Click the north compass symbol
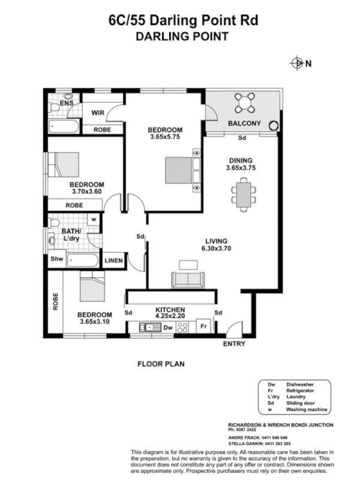297,62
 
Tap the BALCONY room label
244,124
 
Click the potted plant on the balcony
274,125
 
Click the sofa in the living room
188,279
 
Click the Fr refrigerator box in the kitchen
204,328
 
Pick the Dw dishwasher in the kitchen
169,328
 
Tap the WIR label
98,112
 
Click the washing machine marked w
94,220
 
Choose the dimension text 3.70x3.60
87,192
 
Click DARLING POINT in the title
182,36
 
